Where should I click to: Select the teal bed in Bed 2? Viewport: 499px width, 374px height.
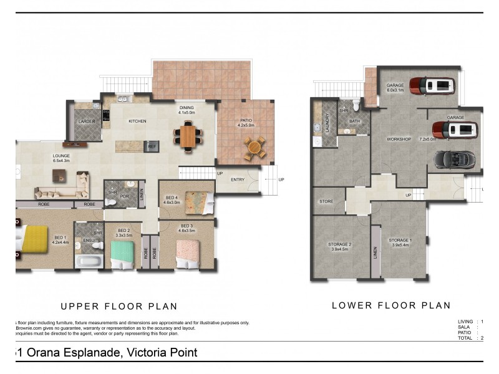(122, 253)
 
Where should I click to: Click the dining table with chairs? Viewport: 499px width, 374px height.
(188, 135)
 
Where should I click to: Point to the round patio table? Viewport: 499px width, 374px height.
(254, 148)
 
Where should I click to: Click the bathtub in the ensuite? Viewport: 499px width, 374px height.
(89, 261)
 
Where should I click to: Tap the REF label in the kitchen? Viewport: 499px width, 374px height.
(151, 146)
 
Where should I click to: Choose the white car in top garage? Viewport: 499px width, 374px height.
(432, 86)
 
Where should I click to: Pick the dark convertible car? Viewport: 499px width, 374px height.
(454, 159)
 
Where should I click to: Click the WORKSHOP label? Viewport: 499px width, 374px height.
(399, 138)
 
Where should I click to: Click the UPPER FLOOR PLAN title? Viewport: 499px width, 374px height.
(119, 306)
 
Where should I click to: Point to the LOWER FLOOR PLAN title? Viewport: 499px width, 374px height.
(391, 305)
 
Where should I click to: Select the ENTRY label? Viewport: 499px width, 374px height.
(238, 180)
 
